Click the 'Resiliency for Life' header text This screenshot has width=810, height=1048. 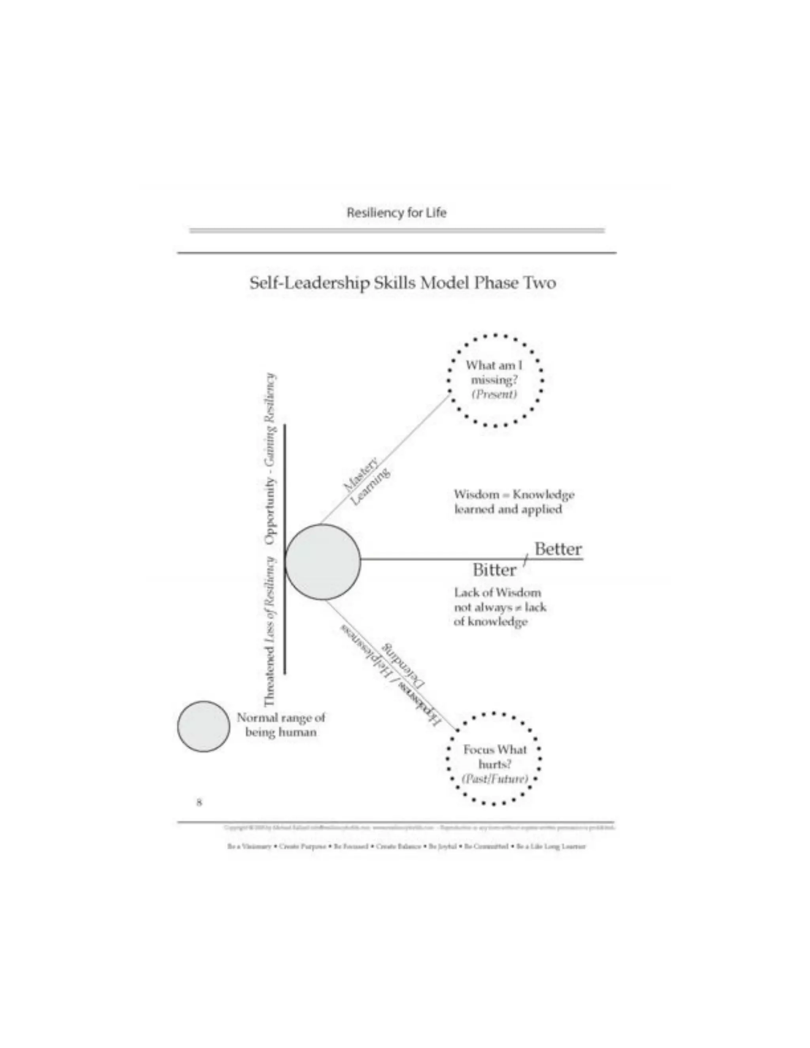[396, 213]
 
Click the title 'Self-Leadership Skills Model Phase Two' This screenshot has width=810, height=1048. [403, 283]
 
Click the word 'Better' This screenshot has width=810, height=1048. [558, 549]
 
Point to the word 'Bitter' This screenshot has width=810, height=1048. [494, 570]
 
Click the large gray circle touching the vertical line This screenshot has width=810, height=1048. [322, 562]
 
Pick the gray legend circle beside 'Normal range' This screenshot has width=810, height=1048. [203, 726]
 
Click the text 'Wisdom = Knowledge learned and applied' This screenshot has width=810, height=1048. [513, 501]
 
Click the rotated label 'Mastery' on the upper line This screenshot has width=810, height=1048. [360, 475]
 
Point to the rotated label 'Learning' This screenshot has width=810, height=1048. [370, 487]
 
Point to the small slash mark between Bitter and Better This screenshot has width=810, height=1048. [526, 559]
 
